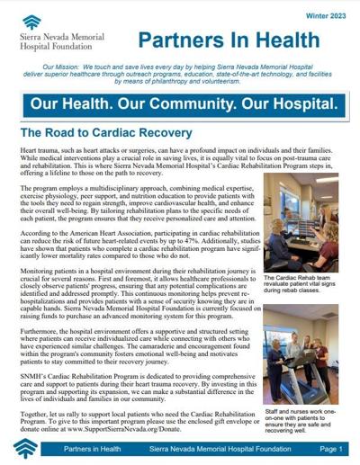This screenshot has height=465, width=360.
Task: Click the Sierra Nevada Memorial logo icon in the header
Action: coord(31,22)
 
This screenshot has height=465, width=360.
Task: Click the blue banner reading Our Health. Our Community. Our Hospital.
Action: coord(180,103)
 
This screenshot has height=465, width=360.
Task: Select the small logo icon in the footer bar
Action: coord(27,448)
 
